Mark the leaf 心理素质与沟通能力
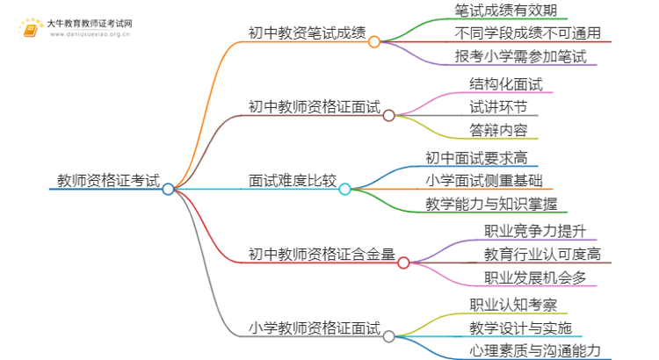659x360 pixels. point(535,350)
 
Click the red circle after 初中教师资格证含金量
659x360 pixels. point(403,263)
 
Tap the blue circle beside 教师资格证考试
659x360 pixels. point(169,189)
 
